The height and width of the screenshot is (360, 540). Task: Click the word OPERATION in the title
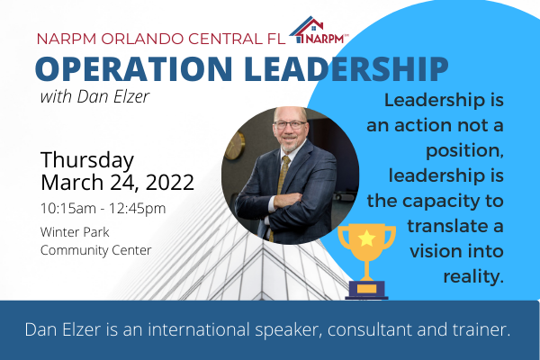[x=133, y=68]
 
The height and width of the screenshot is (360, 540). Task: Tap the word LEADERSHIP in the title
[x=346, y=68]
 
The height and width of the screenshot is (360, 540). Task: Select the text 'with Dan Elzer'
[x=94, y=96]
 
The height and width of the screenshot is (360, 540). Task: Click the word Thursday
[x=87, y=160]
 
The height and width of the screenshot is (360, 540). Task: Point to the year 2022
[x=170, y=182]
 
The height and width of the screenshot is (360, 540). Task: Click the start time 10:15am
[x=68, y=209]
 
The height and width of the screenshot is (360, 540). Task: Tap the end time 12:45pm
[x=138, y=209]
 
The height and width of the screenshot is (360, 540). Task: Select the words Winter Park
[x=75, y=232]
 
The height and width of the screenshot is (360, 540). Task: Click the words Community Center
[x=95, y=250]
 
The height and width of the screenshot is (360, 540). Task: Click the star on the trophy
[x=366, y=238]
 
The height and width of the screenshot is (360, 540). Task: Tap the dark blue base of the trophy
[x=366, y=290]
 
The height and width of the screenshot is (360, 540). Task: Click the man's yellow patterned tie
[x=282, y=183]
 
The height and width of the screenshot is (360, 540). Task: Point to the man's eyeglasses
[x=290, y=125]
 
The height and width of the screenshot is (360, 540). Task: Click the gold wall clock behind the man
[x=235, y=146]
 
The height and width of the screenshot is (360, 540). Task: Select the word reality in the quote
[x=473, y=276]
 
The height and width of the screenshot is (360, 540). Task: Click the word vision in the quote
[x=434, y=251]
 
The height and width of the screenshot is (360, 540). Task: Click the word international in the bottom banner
[x=198, y=329]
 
